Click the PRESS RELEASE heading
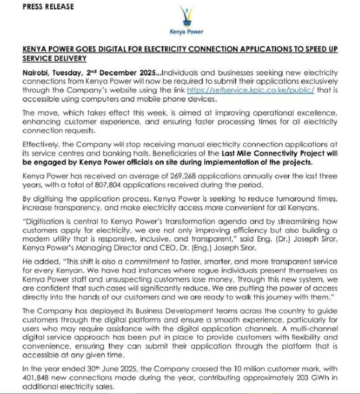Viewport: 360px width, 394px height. [48, 7]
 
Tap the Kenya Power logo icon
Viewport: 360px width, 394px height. [186, 16]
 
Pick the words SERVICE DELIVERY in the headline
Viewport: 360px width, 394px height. [54, 58]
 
